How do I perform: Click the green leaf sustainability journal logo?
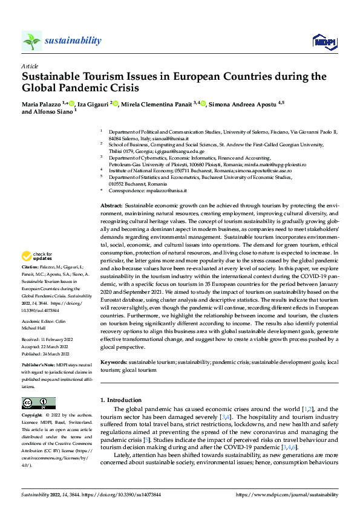(31, 41)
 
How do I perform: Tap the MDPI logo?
(322, 41)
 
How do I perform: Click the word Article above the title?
(30, 65)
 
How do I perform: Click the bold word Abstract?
(113, 206)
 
